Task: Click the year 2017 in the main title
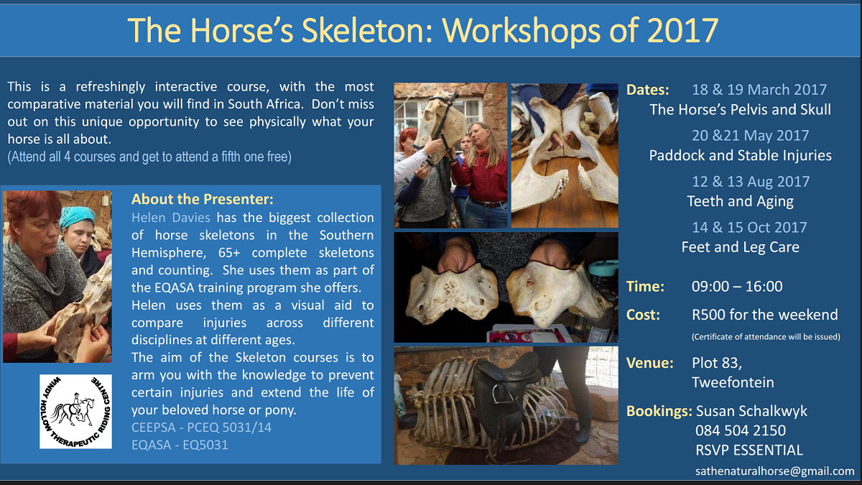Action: click(x=682, y=30)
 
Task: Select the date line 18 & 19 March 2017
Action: click(x=759, y=90)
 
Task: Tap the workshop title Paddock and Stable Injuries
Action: click(x=740, y=155)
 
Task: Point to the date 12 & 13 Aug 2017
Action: click(x=751, y=182)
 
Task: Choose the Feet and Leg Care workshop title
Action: click(x=740, y=247)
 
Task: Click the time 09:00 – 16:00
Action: click(x=737, y=287)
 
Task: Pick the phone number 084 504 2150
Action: click(x=741, y=430)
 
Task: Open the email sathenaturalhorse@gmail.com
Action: click(x=774, y=471)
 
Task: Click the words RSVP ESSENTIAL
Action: click(x=749, y=450)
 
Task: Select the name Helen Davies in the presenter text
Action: click(x=171, y=218)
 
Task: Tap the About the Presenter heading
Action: click(x=203, y=199)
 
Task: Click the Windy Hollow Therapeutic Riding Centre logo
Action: click(x=76, y=412)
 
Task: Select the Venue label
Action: click(x=649, y=363)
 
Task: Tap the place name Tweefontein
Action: click(x=733, y=382)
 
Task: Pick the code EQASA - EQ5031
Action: click(x=180, y=445)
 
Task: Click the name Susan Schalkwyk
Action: click(x=751, y=411)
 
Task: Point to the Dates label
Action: click(x=648, y=90)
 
